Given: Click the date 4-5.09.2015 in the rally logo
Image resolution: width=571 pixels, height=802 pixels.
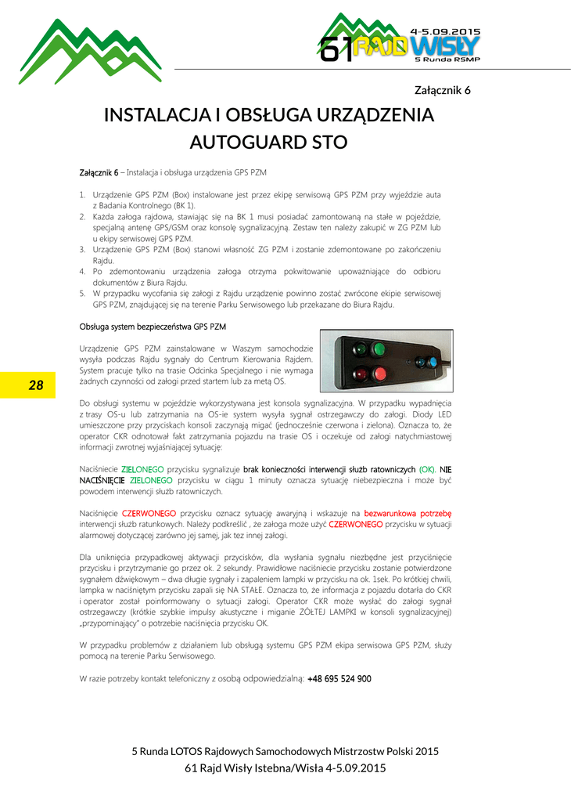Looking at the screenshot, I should tap(446, 32).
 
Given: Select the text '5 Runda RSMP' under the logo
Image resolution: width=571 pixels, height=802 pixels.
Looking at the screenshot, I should tap(447, 60).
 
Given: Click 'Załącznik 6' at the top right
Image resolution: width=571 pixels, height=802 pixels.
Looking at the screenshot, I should tap(442, 90).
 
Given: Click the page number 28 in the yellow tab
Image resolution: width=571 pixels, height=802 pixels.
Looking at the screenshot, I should tap(36, 385).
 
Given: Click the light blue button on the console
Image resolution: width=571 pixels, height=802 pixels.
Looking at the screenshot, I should tap(430, 361).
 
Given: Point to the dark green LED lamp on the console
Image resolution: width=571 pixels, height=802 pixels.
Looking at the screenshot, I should tap(361, 349).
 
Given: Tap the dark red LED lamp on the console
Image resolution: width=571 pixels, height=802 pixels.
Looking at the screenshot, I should tap(361, 373).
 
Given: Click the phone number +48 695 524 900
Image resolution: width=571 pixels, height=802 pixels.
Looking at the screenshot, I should tap(339, 679).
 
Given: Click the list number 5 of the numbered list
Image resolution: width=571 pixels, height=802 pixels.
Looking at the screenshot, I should tap(82, 294).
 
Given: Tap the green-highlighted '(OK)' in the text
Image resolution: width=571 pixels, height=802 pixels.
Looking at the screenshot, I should tap(427, 469).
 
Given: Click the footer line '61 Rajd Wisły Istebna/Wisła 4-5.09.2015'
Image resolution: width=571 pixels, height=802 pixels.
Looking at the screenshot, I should tap(285, 768).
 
